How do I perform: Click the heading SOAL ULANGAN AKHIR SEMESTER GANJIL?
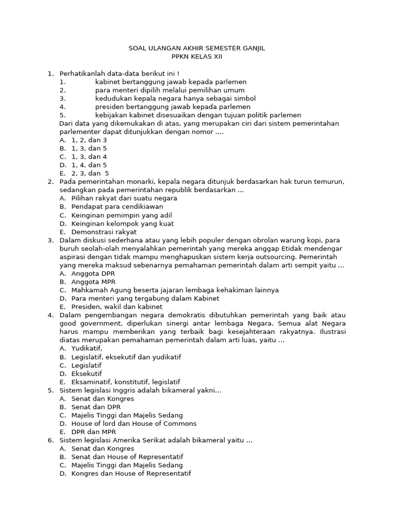[x=196, y=48]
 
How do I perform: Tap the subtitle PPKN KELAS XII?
[x=196, y=57]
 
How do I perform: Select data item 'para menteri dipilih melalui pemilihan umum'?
[x=166, y=90]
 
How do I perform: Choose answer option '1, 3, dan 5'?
[x=89, y=148]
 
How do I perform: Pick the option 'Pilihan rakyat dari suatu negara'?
[x=124, y=198]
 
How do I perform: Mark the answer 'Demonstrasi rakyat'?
[x=101, y=232]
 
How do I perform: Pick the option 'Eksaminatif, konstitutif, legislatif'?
[x=126, y=382]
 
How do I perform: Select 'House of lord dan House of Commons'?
[x=134, y=424]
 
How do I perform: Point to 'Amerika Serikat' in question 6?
[x=134, y=440]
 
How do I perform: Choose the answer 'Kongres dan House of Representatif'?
[x=131, y=474]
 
